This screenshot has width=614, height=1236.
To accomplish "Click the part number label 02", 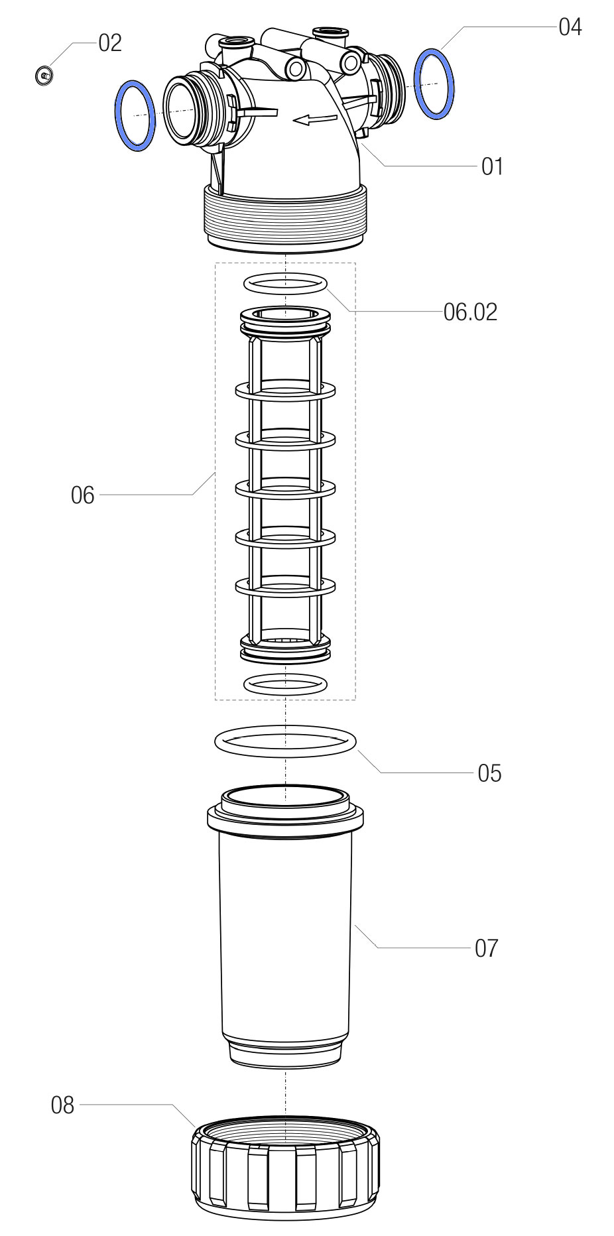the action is (x=110, y=43).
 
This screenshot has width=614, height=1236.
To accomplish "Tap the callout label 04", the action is (x=570, y=27).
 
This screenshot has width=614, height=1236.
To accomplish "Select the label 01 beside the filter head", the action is (x=492, y=166).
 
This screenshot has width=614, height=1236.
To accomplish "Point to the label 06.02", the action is (x=470, y=312).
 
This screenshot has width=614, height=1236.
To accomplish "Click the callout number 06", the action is (x=83, y=495).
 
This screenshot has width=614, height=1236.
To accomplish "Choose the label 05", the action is (x=489, y=773).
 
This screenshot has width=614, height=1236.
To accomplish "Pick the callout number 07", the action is (x=486, y=948).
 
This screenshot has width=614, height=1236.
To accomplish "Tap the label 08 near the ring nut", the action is (x=63, y=1105).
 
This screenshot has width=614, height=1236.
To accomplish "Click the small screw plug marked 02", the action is (x=44, y=76).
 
